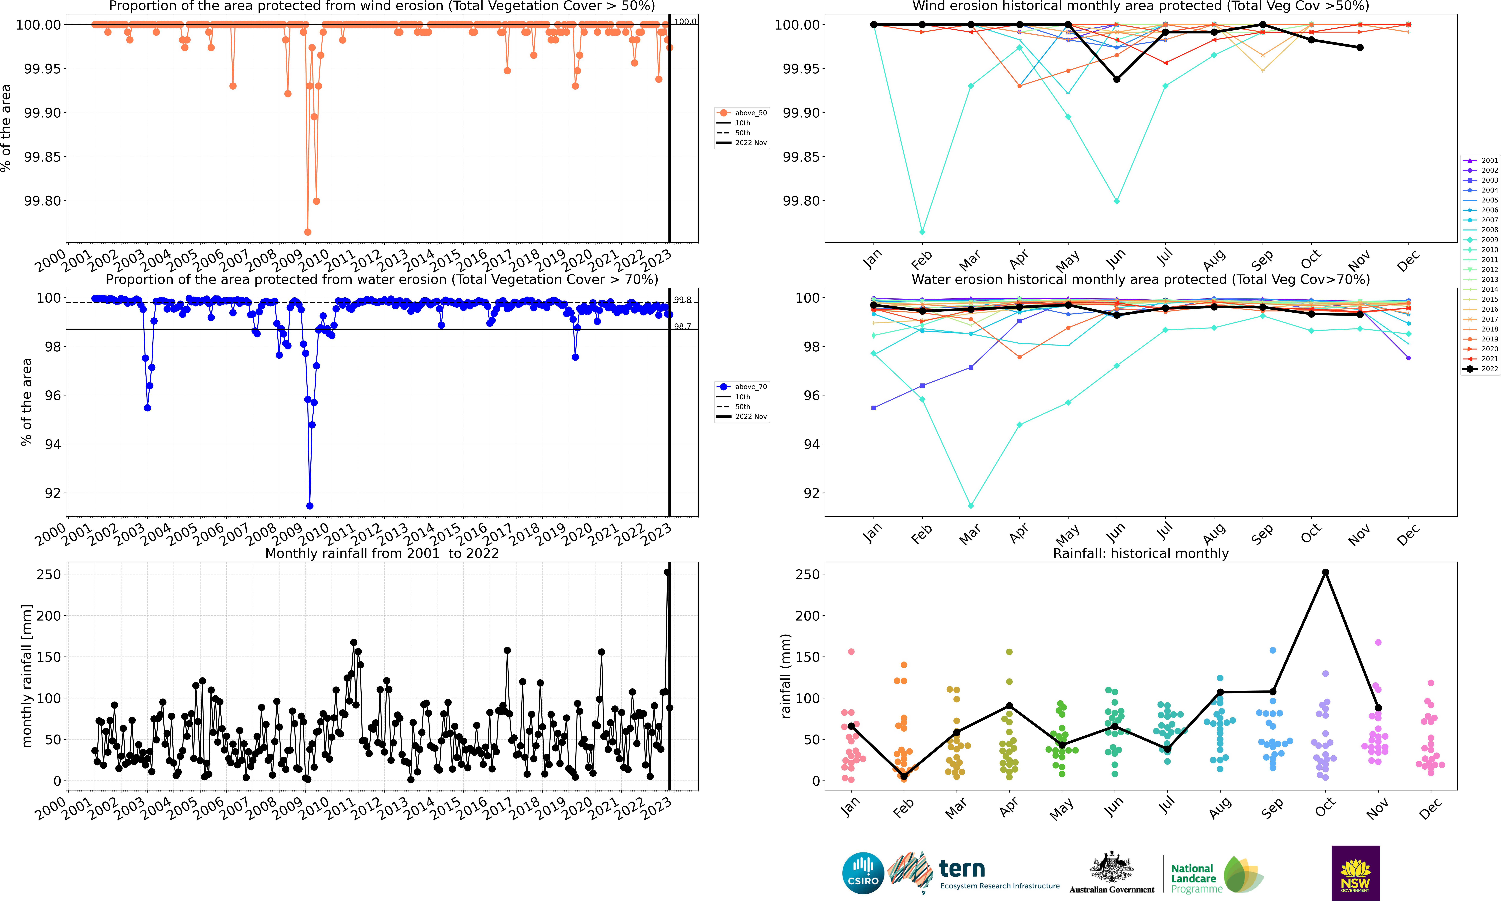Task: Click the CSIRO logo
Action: tap(862, 873)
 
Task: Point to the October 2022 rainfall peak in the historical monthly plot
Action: tap(1326, 573)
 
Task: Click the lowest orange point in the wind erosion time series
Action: tap(308, 232)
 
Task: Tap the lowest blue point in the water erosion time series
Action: tap(309, 506)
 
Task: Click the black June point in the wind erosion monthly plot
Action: tap(1117, 79)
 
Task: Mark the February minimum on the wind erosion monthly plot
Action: tap(922, 232)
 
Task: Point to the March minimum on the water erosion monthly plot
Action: tap(970, 506)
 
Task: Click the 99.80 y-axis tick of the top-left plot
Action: tap(42, 201)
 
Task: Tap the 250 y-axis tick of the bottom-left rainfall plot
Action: tap(49, 574)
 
